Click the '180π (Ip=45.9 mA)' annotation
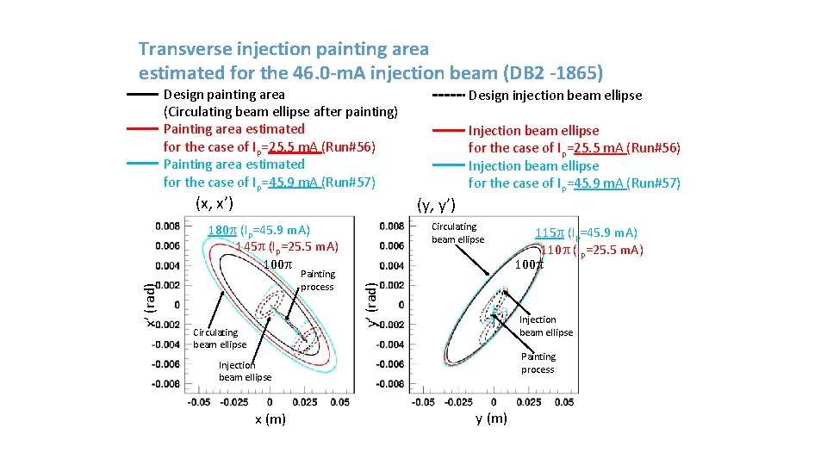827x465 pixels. tap(258, 230)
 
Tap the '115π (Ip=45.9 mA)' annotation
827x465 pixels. tap(586, 232)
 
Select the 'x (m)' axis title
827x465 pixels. tap(270, 419)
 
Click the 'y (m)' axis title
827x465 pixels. tap(491, 418)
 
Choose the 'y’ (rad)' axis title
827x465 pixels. tap(370, 305)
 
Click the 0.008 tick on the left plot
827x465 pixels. tap(168, 226)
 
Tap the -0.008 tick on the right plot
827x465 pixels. tap(391, 384)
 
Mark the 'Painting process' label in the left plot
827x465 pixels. tap(318, 280)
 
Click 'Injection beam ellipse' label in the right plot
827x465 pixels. tap(545, 325)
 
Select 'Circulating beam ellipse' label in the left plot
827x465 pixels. tap(219, 338)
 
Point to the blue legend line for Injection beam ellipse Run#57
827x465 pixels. tap(447, 165)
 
